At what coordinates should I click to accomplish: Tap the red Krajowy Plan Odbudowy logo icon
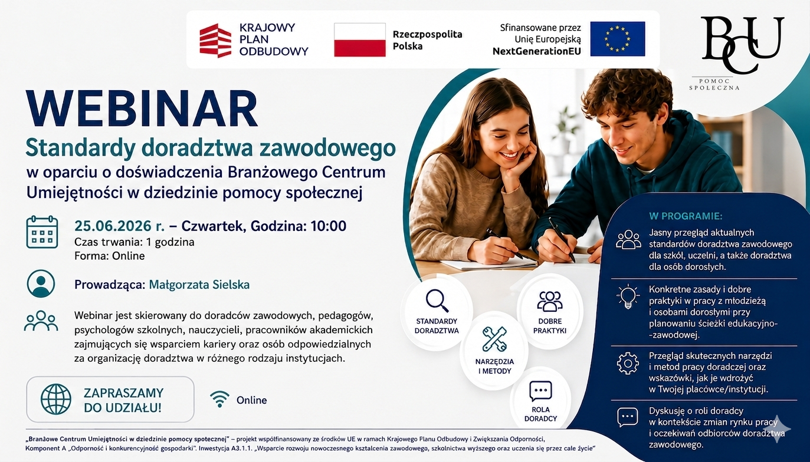point(215,41)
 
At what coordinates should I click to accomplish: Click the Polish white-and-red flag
point(360,39)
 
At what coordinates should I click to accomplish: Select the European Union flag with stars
point(618,39)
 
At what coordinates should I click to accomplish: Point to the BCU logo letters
point(742,44)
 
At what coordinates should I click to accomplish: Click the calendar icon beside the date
point(42,232)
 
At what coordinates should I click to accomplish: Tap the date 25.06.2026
point(113,226)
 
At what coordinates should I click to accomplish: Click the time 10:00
point(329,226)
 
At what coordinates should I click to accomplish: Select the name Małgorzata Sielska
point(199,285)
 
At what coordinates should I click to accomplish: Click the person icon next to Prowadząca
point(41,283)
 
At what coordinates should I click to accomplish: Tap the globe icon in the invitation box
point(55,399)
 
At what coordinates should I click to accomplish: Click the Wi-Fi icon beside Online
point(219,399)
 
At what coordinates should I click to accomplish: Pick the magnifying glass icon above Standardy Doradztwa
point(437,301)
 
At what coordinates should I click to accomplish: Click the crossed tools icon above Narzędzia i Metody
point(494,339)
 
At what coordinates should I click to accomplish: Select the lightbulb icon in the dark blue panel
point(628,296)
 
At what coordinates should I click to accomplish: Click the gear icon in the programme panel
point(628,362)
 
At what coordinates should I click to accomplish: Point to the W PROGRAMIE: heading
point(686,216)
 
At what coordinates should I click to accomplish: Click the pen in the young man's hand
point(562,239)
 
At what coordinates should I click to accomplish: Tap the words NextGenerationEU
point(537,51)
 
